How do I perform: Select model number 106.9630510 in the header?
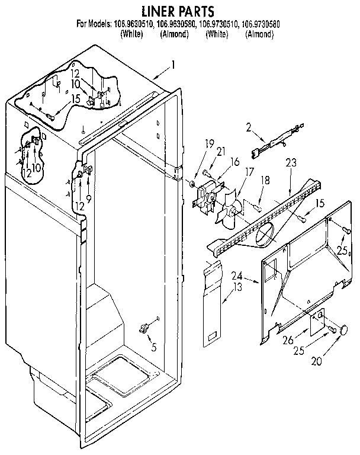(131, 25)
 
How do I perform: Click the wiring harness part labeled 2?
(278, 145)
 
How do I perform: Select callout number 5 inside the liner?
(153, 347)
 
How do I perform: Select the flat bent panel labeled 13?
(210, 302)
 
